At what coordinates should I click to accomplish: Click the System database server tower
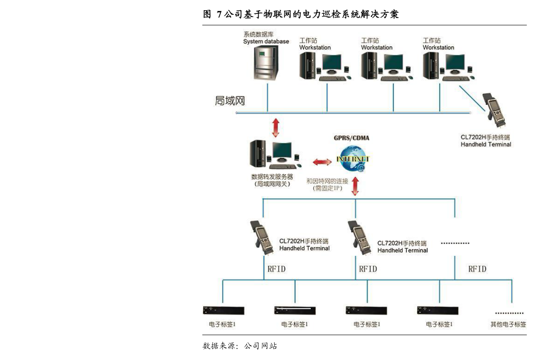266,63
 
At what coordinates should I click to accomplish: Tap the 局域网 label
230,101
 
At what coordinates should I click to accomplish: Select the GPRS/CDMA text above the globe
351,138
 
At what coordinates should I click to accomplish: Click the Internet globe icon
352,159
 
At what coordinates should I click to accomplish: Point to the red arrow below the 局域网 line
276,128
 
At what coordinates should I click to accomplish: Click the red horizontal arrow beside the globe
322,162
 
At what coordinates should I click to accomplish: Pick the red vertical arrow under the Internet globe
355,186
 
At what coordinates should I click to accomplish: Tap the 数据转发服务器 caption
272,177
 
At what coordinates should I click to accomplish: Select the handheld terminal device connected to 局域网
495,110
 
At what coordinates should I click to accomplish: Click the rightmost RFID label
477,269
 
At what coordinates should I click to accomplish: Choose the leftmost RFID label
277,269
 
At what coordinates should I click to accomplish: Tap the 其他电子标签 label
508,324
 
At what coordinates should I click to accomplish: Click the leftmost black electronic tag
224,310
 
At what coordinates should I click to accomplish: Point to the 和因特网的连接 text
327,181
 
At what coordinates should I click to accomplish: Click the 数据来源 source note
240,346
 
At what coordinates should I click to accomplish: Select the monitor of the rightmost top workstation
455,64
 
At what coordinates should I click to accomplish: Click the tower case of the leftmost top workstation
308,65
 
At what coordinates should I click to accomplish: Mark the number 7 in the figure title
219,14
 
